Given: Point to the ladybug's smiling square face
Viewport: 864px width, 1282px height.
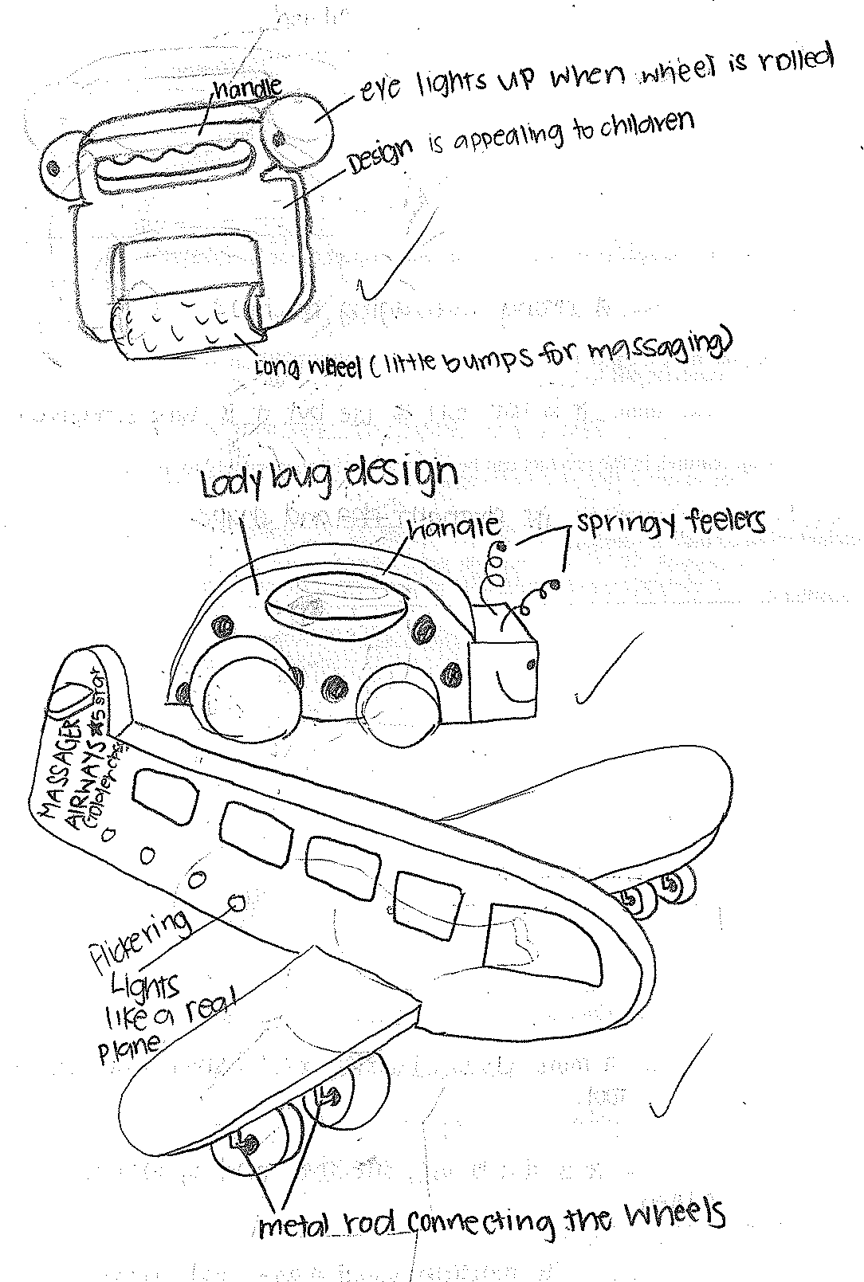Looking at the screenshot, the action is (x=505, y=670).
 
